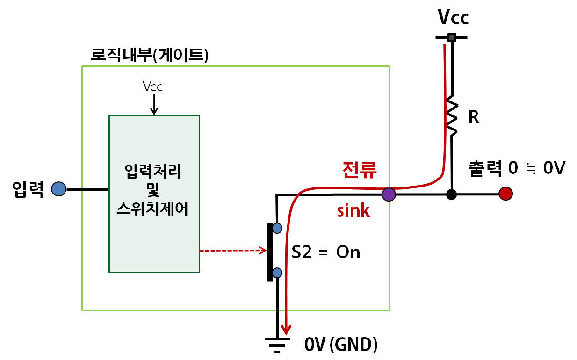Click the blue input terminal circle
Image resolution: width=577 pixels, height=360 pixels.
58,189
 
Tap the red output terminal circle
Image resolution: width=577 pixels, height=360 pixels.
505,193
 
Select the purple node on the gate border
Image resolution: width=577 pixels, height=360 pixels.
389,194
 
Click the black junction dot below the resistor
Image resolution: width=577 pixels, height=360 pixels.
451,194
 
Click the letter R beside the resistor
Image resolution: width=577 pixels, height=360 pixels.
473,117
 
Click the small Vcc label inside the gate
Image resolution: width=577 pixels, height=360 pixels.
153,86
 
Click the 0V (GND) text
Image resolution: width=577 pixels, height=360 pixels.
341,345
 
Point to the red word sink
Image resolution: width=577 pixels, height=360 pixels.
353,211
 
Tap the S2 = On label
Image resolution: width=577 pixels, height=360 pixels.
326,252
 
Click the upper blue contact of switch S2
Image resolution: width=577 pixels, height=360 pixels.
277,228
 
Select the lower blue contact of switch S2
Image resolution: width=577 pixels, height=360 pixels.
277,272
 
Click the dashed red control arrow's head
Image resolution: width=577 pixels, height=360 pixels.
263,251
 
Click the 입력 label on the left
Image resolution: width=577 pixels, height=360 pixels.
28,189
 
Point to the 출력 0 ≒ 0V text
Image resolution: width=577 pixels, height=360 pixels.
517,169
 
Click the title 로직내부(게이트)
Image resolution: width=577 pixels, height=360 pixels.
149,55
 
